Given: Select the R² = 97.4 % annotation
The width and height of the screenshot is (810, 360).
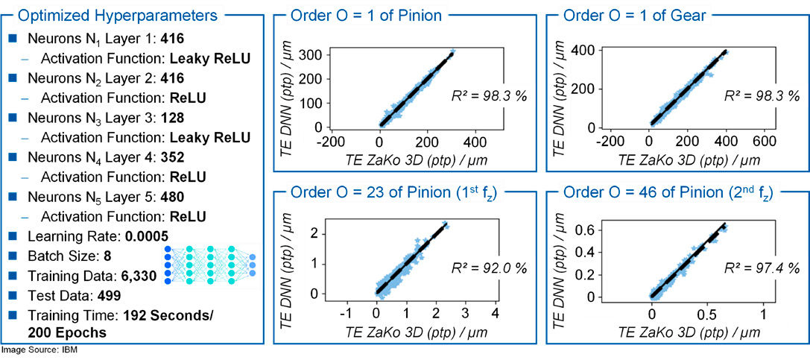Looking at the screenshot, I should [762, 268].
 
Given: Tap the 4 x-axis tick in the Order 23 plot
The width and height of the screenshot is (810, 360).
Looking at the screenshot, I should [494, 311].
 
